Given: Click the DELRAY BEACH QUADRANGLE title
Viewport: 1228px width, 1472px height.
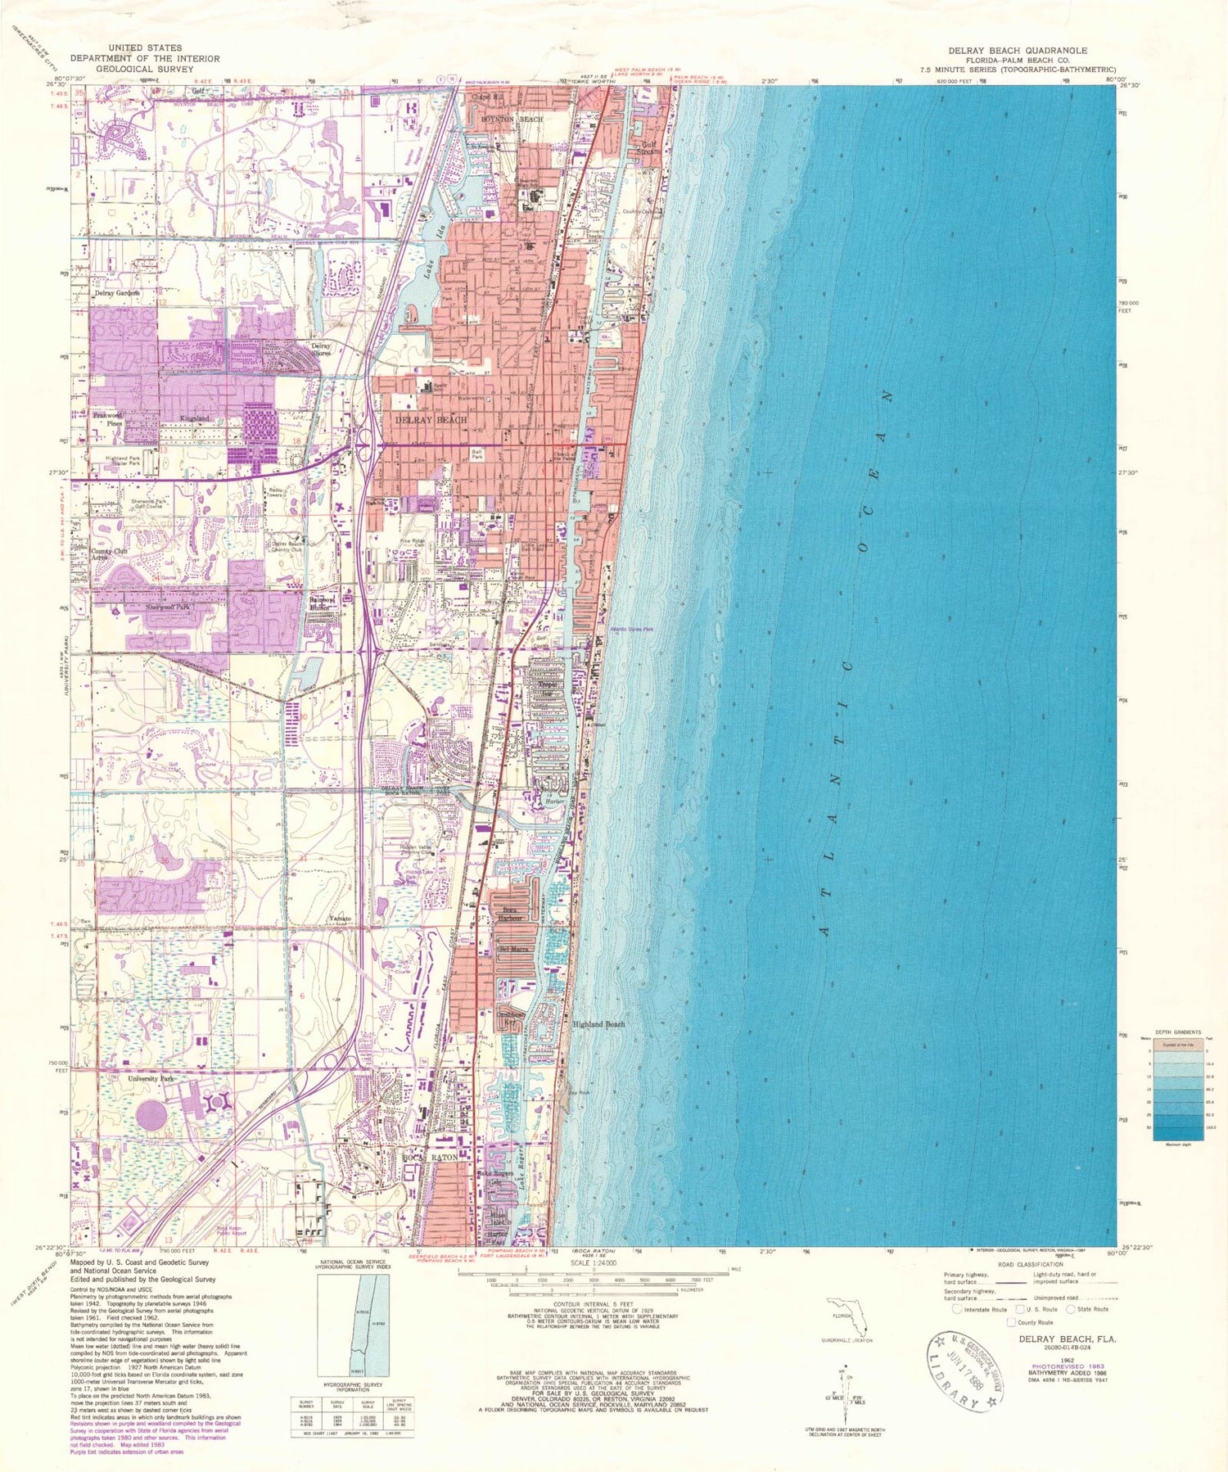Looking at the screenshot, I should pos(1018,51).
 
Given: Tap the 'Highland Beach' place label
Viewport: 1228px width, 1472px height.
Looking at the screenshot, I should pos(598,1024).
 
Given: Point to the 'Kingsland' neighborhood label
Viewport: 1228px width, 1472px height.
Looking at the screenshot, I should pos(195,418).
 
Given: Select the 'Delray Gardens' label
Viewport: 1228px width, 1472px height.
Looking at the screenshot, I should pos(116,292).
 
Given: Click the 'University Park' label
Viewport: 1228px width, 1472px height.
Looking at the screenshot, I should pos(151,1079).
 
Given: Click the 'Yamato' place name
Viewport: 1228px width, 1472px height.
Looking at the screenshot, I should pos(341,919).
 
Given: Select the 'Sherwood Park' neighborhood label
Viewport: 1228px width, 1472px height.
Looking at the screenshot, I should pos(168,608).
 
